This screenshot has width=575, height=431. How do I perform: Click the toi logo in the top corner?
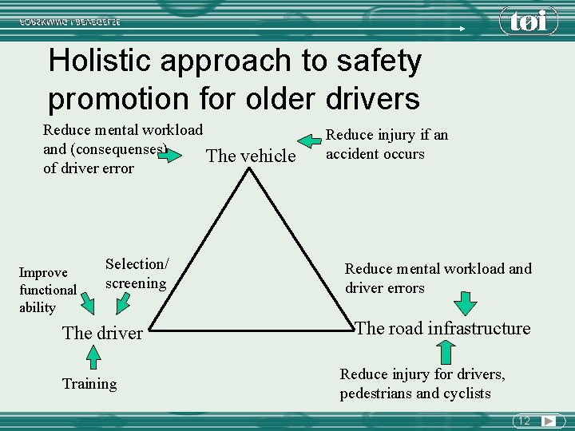pyautogui.click(x=529, y=20)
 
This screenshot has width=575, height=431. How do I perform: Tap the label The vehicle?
pyautogui.click(x=251, y=156)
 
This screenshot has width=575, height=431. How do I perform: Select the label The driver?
pyautogui.click(x=102, y=333)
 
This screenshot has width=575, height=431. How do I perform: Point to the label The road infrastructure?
pyautogui.click(x=442, y=328)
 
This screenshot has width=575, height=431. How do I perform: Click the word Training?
pyautogui.click(x=89, y=384)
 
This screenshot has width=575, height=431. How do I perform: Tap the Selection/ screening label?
pyautogui.click(x=137, y=273)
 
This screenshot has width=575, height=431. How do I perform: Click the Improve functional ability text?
pyautogui.click(x=48, y=290)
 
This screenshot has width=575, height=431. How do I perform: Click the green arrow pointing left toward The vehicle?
pyautogui.click(x=311, y=142)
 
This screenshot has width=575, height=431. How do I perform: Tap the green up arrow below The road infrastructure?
pyautogui.click(x=444, y=352)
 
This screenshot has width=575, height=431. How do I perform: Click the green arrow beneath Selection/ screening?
pyautogui.click(x=125, y=303)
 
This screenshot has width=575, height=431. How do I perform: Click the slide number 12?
pyautogui.click(x=524, y=421)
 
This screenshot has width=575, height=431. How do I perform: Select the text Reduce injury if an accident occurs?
pyautogui.click(x=387, y=144)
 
